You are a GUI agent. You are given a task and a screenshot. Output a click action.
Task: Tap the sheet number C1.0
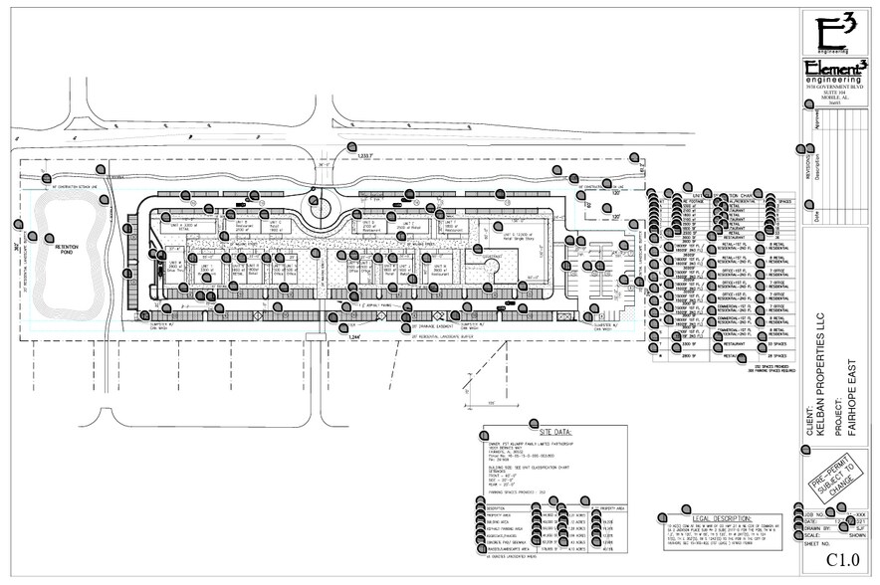tap(841, 560)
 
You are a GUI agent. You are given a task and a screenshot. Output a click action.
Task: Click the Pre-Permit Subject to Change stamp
tap(834, 470)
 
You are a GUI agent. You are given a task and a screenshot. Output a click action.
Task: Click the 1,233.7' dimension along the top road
tap(368, 155)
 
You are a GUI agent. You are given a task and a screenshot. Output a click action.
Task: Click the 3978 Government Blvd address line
tap(834, 89)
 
